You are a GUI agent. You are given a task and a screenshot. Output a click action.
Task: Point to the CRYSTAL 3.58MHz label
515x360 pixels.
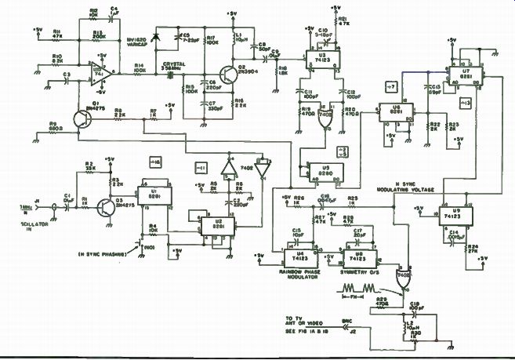coord(172,67)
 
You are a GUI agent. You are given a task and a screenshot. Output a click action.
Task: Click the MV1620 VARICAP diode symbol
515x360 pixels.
coord(158,35)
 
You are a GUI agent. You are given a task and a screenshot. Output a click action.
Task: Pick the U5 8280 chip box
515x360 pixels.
coord(323,169)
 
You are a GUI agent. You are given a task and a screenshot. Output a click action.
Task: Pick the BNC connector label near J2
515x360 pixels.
coord(347,321)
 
